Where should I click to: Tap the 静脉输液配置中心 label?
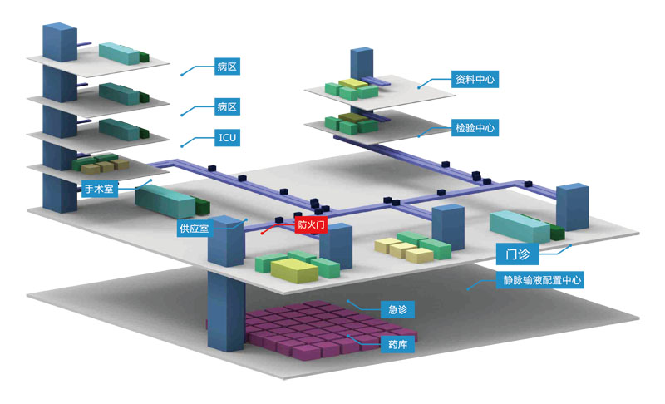(543, 280)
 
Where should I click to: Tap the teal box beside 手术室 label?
(165, 200)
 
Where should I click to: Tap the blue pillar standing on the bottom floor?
(222, 312)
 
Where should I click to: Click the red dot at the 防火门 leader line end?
(263, 234)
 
